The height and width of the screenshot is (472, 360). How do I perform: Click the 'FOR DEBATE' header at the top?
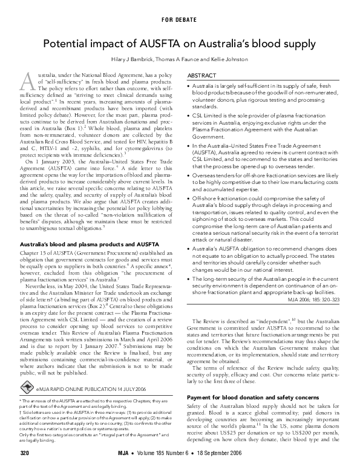click(180, 19)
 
